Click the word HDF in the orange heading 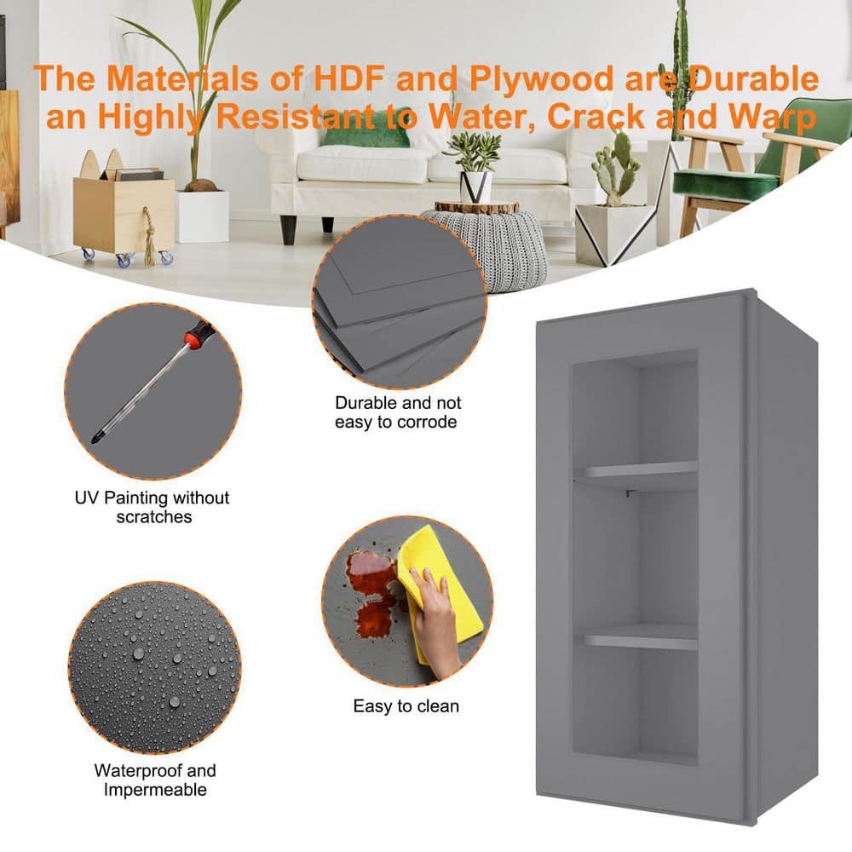pyautogui.click(x=350, y=78)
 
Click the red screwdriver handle pyautogui.click(x=198, y=332)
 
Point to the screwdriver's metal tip pyautogui.click(x=97, y=436)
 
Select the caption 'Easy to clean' pyautogui.click(x=406, y=705)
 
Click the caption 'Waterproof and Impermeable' pyautogui.click(x=155, y=780)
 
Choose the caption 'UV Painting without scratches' pyautogui.click(x=153, y=507)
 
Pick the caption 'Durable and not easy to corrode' pyautogui.click(x=397, y=412)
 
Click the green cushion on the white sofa pyautogui.click(x=366, y=135)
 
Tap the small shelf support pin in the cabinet pyautogui.click(x=630, y=493)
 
